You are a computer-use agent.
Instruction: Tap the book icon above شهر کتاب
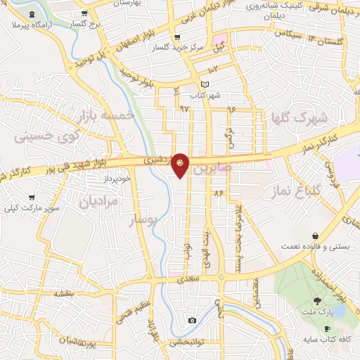[205, 84]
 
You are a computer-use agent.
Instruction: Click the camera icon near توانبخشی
[192, 321]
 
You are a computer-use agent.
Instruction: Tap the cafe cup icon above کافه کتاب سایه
[326, 329]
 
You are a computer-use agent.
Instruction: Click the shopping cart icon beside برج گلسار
[84, 13]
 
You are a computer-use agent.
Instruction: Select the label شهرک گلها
[298, 120]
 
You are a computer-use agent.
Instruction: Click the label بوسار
[149, 222]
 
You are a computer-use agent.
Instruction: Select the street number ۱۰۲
[212, 69]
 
